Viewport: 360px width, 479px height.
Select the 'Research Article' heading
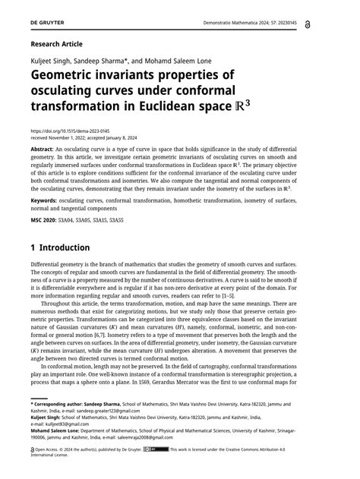(57, 44)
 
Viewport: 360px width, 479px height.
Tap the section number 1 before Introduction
(34, 247)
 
